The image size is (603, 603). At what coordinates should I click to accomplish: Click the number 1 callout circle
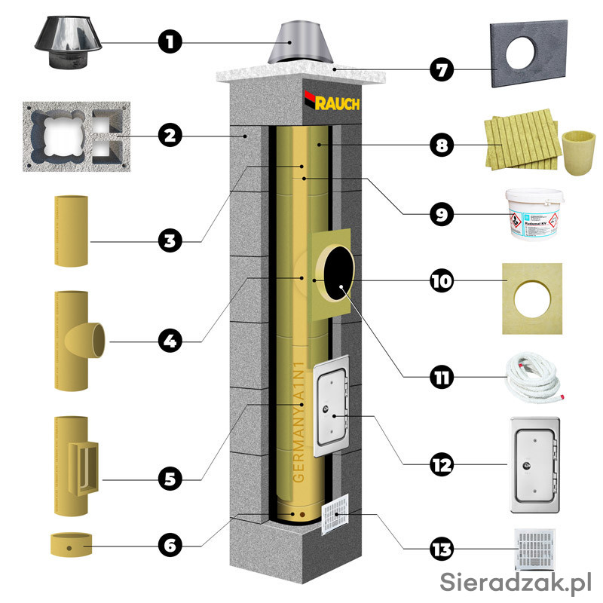pyautogui.click(x=171, y=41)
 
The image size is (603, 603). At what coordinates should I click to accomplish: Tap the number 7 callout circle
pyautogui.click(x=442, y=72)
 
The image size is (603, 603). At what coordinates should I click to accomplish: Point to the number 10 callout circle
pyautogui.click(x=442, y=281)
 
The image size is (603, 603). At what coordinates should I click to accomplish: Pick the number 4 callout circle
pyautogui.click(x=171, y=341)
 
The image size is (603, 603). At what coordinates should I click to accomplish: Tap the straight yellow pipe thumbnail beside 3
pyautogui.click(x=72, y=240)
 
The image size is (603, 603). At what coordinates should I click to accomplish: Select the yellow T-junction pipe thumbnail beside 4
pyautogui.click(x=75, y=340)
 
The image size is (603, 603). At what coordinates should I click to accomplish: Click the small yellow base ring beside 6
pyautogui.click(x=71, y=544)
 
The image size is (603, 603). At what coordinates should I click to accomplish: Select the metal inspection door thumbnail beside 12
pyautogui.click(x=535, y=464)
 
